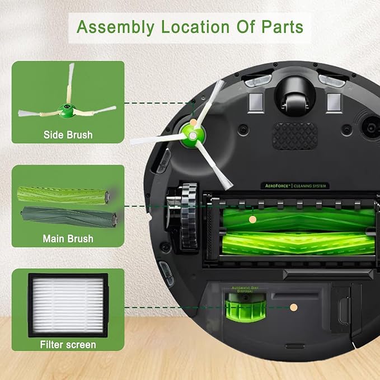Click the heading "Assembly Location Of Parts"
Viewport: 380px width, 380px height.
[x=190, y=27]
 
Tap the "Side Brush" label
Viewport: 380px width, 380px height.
[x=68, y=135]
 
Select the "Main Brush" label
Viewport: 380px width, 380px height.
[x=68, y=239]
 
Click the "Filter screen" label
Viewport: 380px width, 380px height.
[x=68, y=345]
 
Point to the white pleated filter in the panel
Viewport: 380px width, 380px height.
[x=68, y=305]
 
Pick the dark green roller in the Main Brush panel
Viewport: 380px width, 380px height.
[x=68, y=217]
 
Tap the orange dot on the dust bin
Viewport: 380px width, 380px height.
[x=293, y=307]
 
